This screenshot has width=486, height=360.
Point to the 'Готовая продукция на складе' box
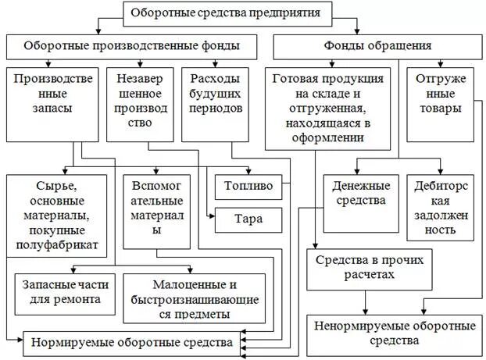(327, 109)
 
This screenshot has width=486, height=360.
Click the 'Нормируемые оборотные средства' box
(131, 341)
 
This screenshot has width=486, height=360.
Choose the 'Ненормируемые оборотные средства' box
(395, 332)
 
